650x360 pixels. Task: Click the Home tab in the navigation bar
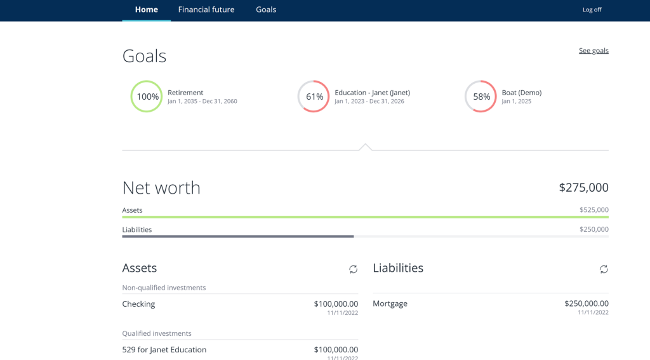147,10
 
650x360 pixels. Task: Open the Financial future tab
206,10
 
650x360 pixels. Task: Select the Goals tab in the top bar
266,10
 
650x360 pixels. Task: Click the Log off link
592,10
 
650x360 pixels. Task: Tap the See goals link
594,51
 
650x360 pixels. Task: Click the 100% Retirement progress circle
147,97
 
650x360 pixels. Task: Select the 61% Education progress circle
314,97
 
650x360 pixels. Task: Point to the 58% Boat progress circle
481,97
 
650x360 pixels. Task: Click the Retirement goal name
185,93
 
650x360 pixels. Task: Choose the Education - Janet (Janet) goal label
372,93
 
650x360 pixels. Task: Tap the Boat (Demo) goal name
521,93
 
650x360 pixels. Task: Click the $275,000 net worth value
583,188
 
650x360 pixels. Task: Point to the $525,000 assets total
594,210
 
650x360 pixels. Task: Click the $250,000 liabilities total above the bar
594,230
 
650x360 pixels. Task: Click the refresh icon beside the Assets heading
353,269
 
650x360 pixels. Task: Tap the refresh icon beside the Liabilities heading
604,269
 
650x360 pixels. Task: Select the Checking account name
138,304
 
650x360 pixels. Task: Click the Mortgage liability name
390,303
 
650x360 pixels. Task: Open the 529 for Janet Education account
164,350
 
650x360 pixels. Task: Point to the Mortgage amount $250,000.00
586,303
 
